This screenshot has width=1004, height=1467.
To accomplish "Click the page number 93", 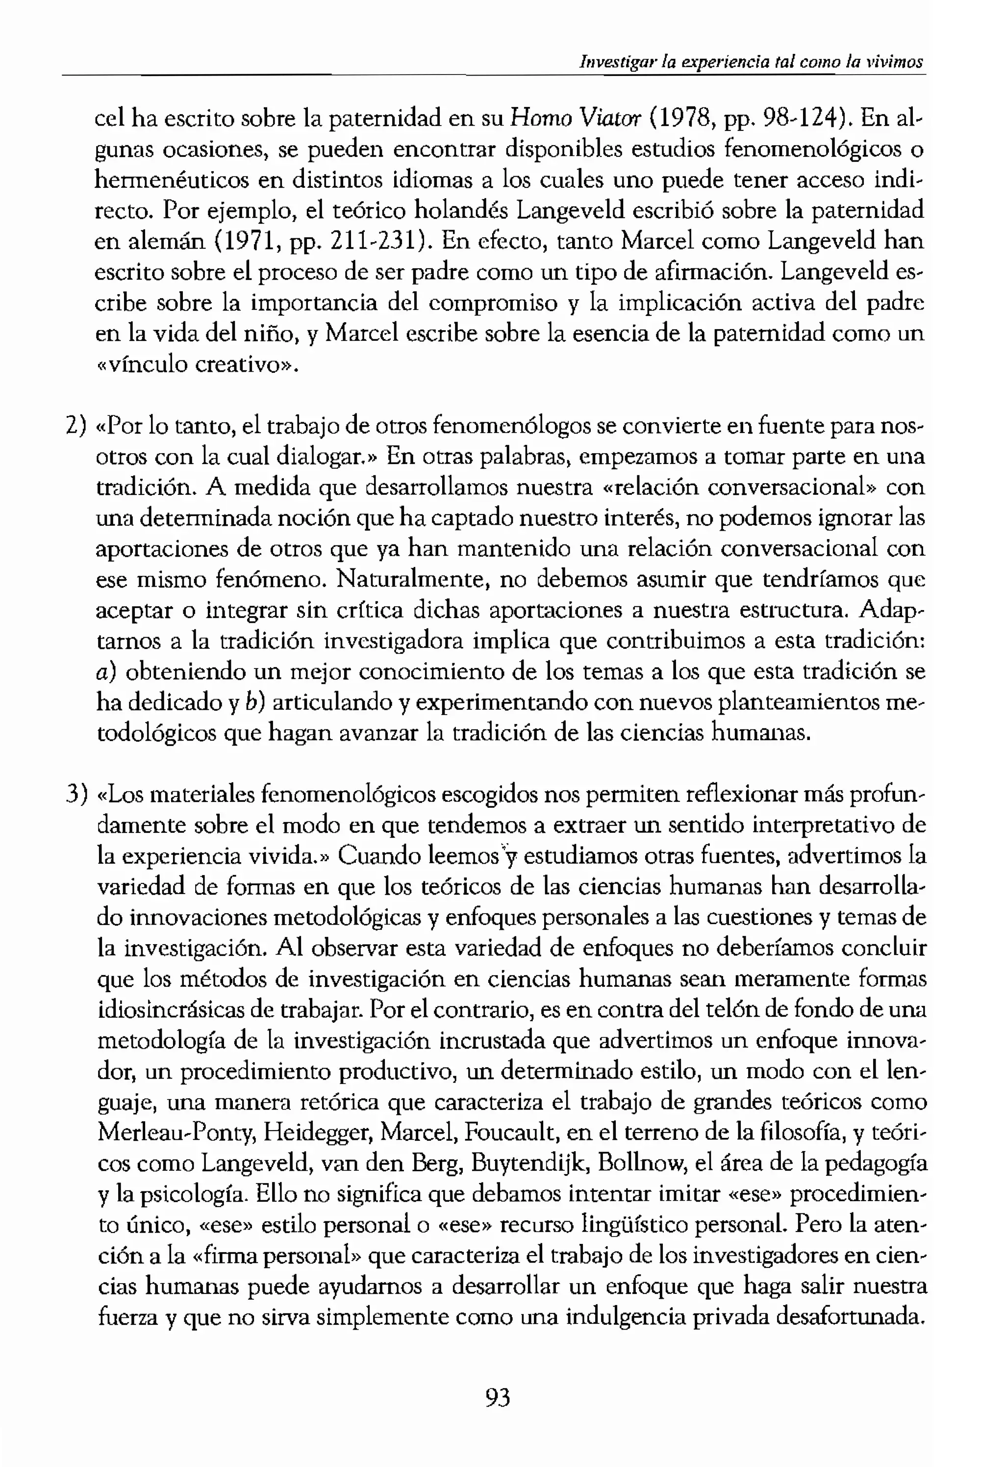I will [x=498, y=1398].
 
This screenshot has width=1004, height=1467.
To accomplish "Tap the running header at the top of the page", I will [x=751, y=62].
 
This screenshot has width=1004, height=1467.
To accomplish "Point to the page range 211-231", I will [x=380, y=241].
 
